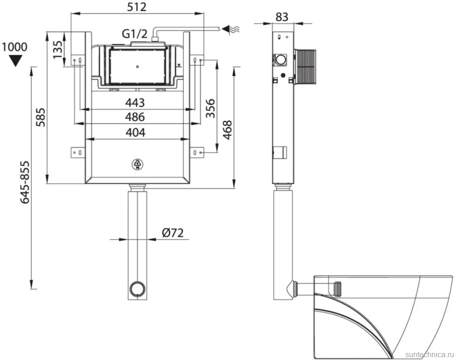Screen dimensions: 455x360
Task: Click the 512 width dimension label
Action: click(x=136, y=7)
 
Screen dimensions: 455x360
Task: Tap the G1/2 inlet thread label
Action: click(x=134, y=33)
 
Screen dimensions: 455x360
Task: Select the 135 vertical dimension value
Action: click(x=58, y=49)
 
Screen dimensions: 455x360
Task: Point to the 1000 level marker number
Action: click(x=15, y=47)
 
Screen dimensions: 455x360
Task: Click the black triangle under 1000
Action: click(x=15, y=61)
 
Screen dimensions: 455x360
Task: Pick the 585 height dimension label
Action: click(x=40, y=117)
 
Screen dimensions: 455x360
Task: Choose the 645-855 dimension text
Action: click(x=24, y=182)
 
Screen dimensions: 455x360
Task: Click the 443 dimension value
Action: click(x=135, y=102)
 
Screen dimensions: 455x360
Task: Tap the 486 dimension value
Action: click(x=135, y=117)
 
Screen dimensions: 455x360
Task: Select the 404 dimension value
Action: click(x=135, y=132)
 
